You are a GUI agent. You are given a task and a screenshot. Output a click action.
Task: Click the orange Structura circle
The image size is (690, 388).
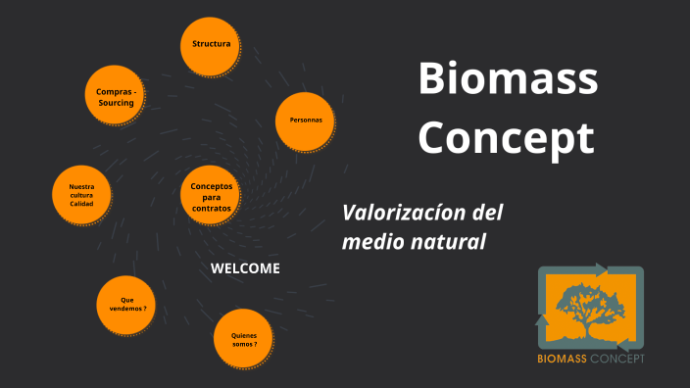pyautogui.click(x=211, y=45)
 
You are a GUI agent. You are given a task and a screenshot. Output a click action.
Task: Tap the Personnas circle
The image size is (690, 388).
pyautogui.click(x=306, y=121)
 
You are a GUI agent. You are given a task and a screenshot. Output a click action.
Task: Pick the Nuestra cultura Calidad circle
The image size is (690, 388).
pyautogui.click(x=81, y=194)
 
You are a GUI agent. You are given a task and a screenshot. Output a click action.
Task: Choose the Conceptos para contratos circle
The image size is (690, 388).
pyautogui.click(x=211, y=197)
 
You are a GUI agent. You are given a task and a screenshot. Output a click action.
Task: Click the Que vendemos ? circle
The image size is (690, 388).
pyautogui.click(x=127, y=306)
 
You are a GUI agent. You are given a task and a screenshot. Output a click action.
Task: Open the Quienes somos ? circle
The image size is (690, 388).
pyautogui.click(x=243, y=338)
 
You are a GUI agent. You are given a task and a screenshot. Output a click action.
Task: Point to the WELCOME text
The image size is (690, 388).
pyautogui.click(x=245, y=268)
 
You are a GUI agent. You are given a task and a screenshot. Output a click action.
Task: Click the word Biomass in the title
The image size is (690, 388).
pyautogui.click(x=508, y=78)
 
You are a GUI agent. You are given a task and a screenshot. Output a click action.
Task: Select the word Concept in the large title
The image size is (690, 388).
pyautogui.click(x=507, y=137)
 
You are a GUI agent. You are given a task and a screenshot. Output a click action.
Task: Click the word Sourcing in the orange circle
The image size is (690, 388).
pyautogui.click(x=116, y=103)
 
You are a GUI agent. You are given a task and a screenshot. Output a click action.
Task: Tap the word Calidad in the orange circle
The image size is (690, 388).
pyautogui.click(x=81, y=204)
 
